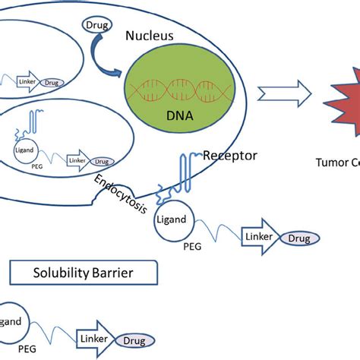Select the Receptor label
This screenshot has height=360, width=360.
coord(230,156)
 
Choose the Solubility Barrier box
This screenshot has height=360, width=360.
coord(84,272)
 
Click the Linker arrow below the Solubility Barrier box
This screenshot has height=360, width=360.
coord(96,337)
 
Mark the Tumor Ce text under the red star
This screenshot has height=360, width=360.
coord(339,162)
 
